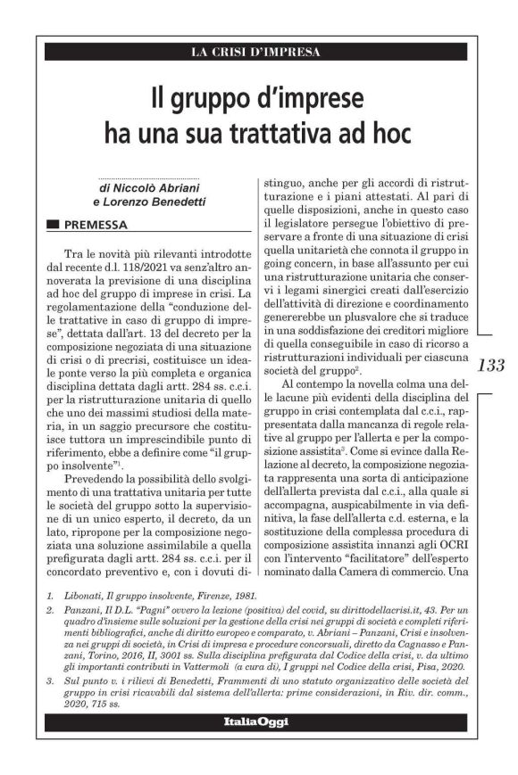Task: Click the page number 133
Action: click(491, 365)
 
